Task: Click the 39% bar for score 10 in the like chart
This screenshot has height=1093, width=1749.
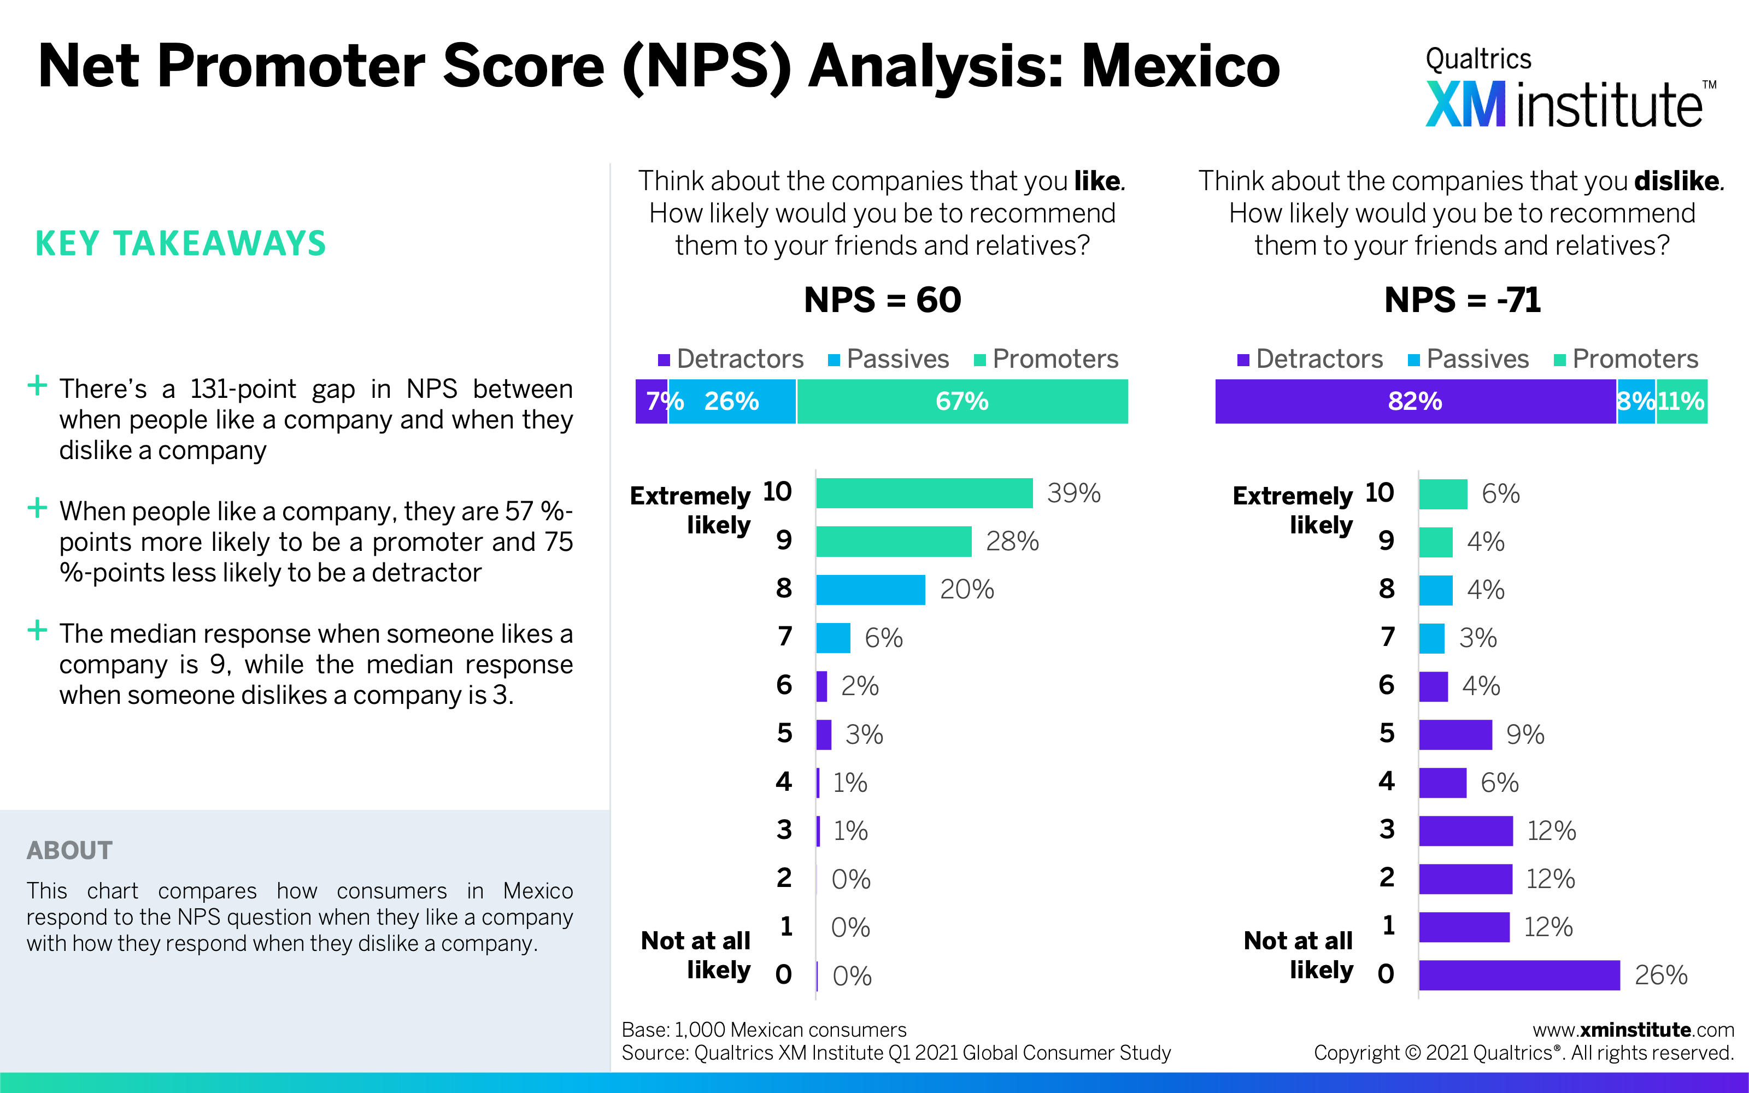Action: pos(924,493)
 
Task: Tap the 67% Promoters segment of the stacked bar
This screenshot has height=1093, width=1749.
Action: pos(962,401)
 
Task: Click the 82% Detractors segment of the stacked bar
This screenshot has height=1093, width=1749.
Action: pos(1415,401)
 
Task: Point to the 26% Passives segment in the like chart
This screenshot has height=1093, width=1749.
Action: pos(731,401)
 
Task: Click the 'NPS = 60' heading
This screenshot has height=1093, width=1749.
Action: pos(882,300)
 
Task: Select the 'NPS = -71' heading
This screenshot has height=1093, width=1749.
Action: pos(1462,300)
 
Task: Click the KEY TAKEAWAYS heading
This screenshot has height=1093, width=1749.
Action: pos(181,244)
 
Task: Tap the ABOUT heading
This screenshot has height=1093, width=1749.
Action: pos(69,850)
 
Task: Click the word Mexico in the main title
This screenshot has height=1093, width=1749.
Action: pos(1179,67)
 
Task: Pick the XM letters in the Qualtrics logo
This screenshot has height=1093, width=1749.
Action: pos(1465,105)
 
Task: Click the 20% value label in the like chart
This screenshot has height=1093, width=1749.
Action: pos(966,590)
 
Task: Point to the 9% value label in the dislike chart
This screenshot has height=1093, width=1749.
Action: pos(1525,734)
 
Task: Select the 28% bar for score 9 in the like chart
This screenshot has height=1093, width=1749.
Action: pos(893,542)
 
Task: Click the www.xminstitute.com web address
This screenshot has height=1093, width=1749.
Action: pos(1633,1030)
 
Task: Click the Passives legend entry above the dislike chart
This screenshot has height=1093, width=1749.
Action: pos(1469,359)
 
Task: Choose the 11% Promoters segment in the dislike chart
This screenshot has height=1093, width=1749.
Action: pos(1681,401)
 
